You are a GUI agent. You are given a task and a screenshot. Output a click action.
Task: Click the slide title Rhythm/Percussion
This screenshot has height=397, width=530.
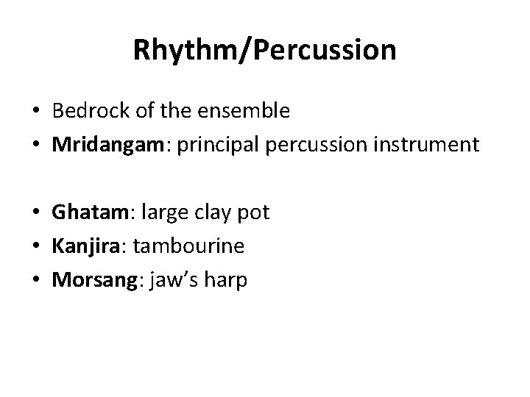point(265,50)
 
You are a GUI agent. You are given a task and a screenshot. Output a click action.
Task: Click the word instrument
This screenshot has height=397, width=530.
point(429,144)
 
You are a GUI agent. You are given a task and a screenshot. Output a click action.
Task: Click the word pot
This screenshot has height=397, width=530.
point(255,213)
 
